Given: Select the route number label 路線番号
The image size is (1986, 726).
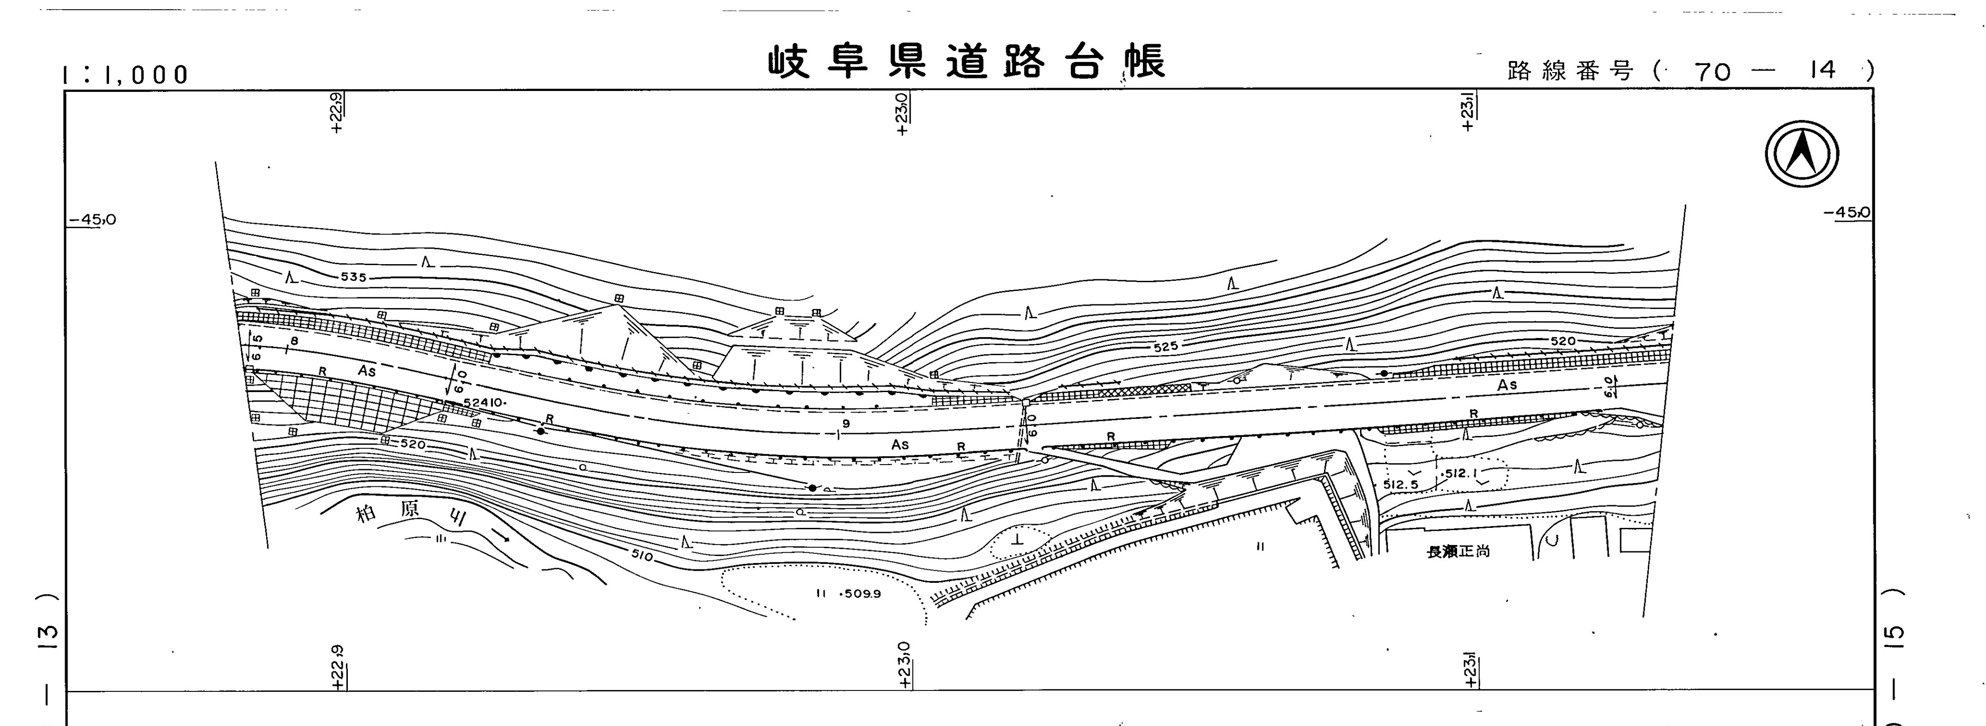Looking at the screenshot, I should click(1570, 72).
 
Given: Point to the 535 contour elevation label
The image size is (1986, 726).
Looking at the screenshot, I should click(353, 277).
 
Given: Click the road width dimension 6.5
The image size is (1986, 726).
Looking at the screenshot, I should click(257, 347).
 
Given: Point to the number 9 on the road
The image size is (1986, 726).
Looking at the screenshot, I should click(846, 423).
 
